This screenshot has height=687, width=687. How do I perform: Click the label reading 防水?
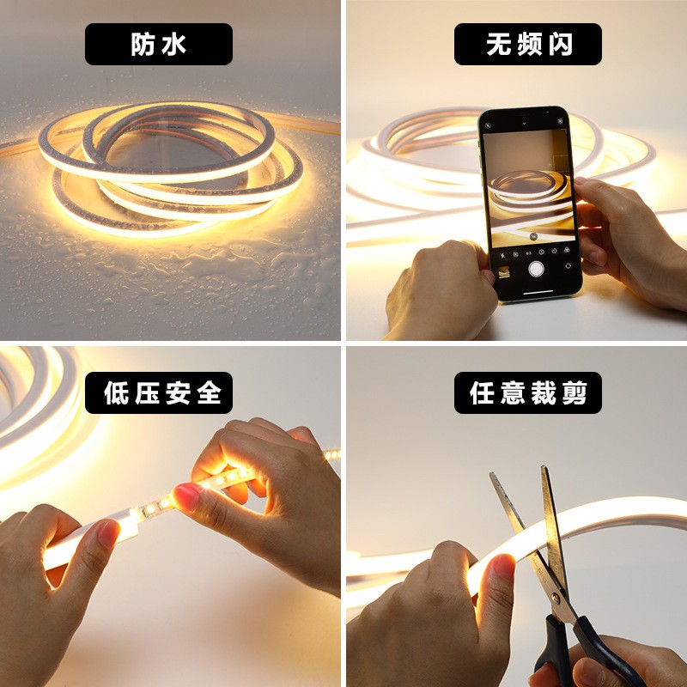point(158,44)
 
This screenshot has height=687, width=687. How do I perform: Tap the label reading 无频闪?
point(527,44)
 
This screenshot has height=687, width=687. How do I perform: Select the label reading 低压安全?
point(158,392)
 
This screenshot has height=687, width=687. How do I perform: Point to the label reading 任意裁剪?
point(527,392)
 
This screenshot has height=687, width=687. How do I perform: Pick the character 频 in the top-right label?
point(527,44)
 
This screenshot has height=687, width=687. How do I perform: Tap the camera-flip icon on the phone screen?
point(568,266)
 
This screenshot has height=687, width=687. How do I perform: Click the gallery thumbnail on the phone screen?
point(504,272)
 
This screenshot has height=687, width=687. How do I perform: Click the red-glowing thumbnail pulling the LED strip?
point(186,495)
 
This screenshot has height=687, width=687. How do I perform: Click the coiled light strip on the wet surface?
point(172,167)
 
